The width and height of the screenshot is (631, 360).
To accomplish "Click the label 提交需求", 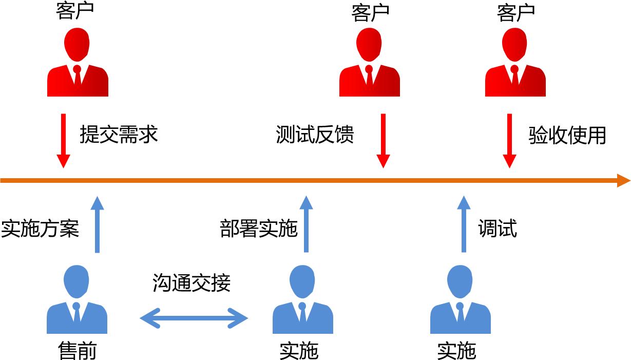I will coord(119,135).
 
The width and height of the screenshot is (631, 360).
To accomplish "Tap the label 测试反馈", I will coord(315,135).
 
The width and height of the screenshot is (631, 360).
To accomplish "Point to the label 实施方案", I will coord(40,229).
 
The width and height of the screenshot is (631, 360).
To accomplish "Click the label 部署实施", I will coord(259,229).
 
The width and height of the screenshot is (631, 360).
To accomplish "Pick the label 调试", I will coord(497,229).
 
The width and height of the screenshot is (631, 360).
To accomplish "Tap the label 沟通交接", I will coord(192,283).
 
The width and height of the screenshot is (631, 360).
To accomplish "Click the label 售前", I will coord(77,351).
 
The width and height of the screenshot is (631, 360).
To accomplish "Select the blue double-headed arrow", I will coord(194,318).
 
